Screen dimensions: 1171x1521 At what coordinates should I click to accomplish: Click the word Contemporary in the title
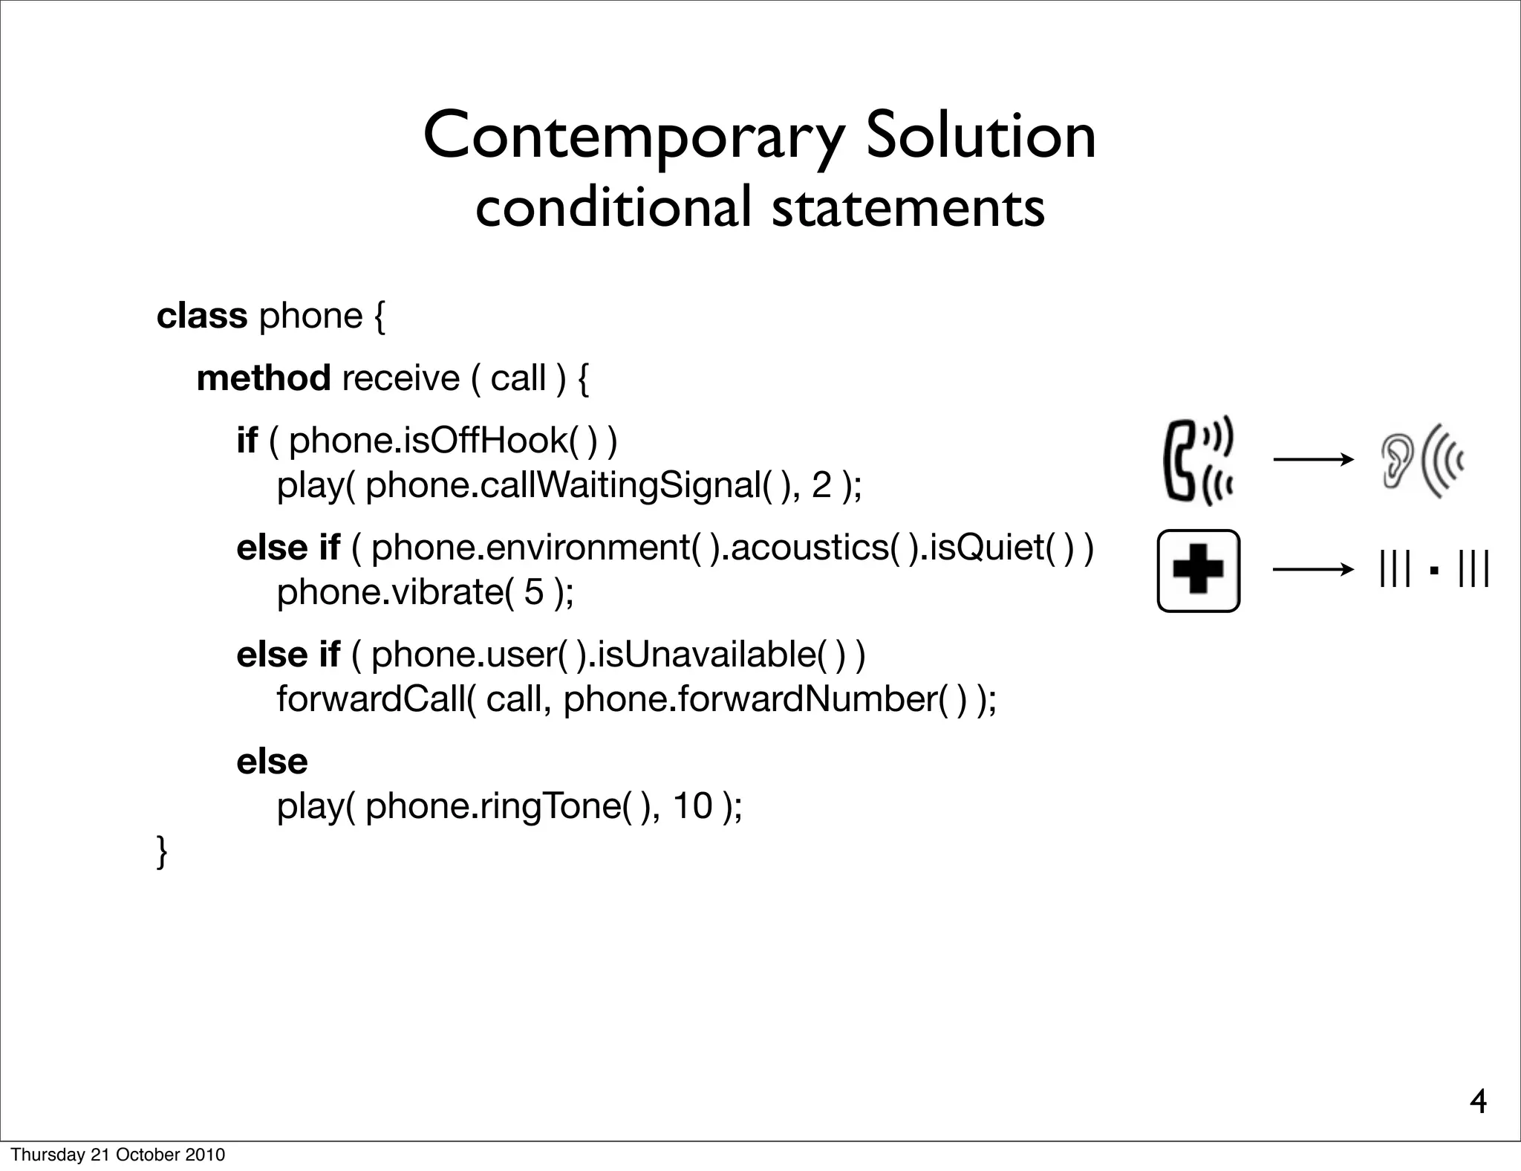coord(633,137)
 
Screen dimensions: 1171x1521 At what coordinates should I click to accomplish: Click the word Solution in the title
coord(980,137)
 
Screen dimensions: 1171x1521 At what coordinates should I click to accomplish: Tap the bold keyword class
coord(201,316)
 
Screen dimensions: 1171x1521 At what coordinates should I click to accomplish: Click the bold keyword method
coord(264,378)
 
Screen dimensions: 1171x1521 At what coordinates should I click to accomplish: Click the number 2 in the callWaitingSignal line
coord(821,486)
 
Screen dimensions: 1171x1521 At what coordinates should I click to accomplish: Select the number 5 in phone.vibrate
coord(534,592)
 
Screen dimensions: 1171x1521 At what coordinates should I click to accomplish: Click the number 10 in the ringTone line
coord(692,806)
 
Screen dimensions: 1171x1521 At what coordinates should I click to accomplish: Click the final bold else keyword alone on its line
coord(272,762)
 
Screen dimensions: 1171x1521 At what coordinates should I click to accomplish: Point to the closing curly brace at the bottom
coord(162,852)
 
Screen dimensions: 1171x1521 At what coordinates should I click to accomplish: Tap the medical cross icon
coord(1198,571)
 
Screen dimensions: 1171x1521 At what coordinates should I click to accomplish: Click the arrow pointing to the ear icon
coord(1313,461)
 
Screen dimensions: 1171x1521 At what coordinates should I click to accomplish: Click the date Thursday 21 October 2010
coord(117,1155)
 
